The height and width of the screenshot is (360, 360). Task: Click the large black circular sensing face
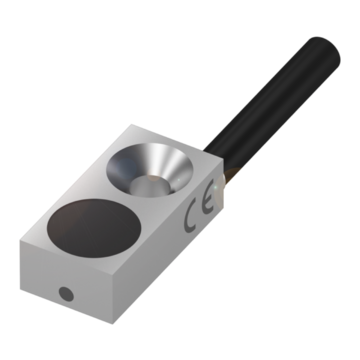[x=94, y=228]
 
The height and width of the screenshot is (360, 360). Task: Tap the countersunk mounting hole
[x=150, y=170]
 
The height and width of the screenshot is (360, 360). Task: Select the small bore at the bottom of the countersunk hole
[x=149, y=185]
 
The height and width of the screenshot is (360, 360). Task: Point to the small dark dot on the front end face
[x=66, y=294]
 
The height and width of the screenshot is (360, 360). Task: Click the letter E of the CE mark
[x=209, y=202]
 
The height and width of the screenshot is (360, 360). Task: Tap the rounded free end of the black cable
[x=325, y=50]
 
